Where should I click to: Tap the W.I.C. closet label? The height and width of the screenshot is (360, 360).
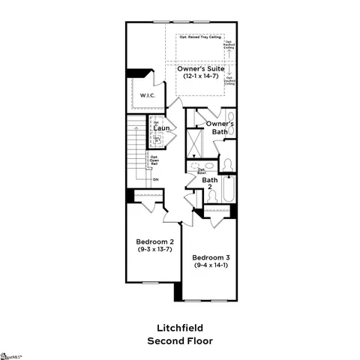tap(146, 95)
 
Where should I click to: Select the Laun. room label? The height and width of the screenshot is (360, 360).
tap(163, 128)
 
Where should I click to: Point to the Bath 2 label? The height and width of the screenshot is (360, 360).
tap(210, 183)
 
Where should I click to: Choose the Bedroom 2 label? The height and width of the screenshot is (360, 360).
tap(155, 241)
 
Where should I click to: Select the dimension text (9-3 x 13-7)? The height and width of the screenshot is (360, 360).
tap(155, 250)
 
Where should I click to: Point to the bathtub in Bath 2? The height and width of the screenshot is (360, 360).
tap(228, 189)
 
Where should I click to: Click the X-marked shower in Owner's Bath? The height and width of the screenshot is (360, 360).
tap(196, 142)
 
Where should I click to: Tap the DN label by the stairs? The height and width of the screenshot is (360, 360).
tap(155, 179)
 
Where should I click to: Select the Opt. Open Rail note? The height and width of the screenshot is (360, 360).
tap(153, 159)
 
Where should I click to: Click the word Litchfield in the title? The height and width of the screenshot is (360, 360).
tap(179, 328)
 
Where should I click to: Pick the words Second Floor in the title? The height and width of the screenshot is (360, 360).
tap(179, 340)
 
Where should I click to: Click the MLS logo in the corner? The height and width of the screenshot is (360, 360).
tap(10, 353)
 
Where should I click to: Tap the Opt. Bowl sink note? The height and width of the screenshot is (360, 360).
tap(202, 171)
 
